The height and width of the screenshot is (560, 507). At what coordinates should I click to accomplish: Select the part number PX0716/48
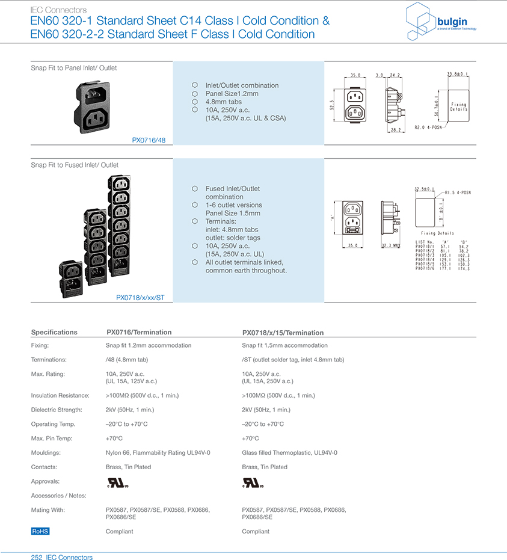coord(149,140)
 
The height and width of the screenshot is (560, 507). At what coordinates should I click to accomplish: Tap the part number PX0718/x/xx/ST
coord(140,297)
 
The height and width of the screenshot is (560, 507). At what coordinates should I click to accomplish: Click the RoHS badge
coord(40,531)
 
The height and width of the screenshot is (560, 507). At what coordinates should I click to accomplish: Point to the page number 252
coord(37,558)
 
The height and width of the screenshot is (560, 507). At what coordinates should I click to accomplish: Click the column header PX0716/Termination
coord(139,332)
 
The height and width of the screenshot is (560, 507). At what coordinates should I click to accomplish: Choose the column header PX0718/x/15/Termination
coord(283,333)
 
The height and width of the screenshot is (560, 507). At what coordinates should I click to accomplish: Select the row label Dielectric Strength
coord(57,410)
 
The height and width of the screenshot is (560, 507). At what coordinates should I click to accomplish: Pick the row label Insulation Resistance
coord(60,395)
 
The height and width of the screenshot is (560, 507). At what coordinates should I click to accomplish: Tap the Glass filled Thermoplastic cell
coord(289,452)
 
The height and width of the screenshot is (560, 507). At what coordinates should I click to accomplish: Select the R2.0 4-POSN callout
coord(428,128)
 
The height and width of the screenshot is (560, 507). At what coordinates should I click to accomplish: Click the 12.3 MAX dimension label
coord(392,245)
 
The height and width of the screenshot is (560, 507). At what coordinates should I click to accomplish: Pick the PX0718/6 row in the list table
coord(442,268)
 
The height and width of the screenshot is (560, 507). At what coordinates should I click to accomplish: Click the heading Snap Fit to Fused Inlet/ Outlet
coord(75,165)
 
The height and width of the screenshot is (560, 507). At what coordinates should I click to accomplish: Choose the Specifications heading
coord(54,332)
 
